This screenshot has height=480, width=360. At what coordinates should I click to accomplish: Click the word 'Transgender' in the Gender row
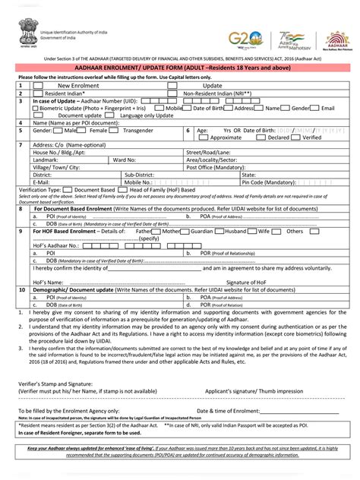(x=138, y=130)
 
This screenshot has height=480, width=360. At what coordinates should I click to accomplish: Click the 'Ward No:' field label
(x=125, y=159)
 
